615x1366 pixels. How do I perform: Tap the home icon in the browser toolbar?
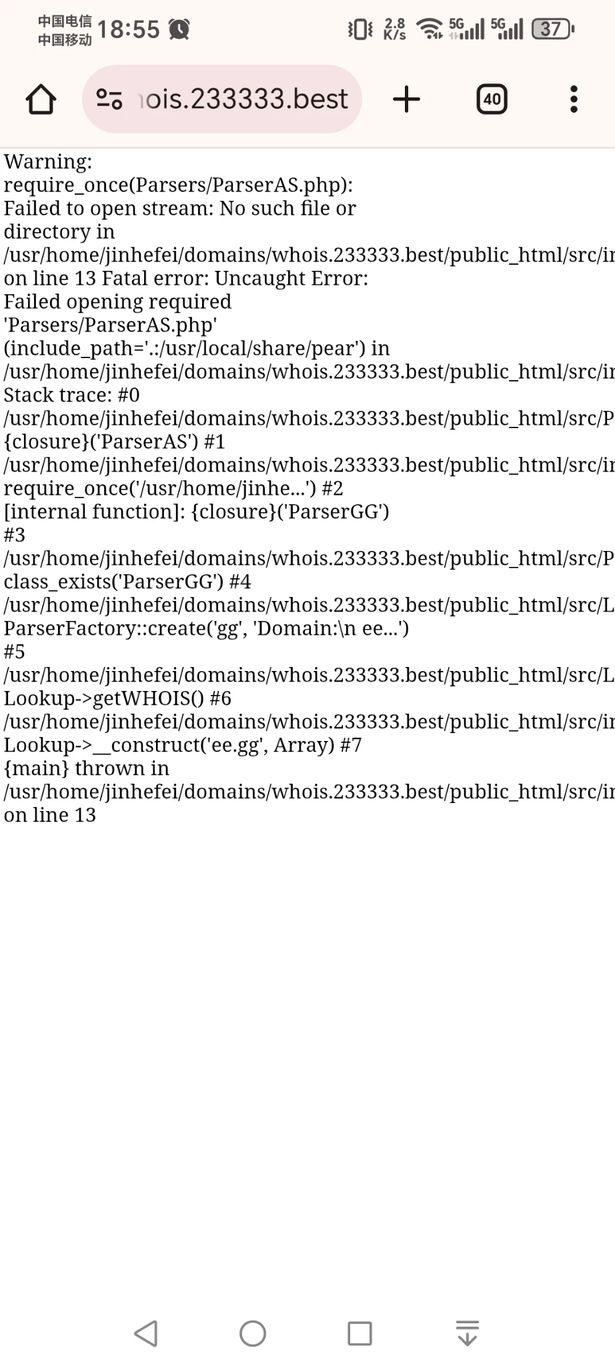(41, 99)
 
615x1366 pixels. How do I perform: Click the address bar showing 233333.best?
(221, 99)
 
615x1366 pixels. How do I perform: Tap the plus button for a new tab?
(406, 99)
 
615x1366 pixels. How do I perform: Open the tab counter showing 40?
(492, 99)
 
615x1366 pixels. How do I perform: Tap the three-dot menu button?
(574, 99)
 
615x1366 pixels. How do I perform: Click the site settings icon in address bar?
(109, 99)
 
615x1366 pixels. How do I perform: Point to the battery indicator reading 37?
(552, 29)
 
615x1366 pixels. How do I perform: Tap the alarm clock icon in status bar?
(179, 29)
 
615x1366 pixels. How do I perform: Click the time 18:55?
(129, 29)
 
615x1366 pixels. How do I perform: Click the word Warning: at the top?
(48, 161)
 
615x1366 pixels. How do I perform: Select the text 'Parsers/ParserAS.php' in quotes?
(111, 325)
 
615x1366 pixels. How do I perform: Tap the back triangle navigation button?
(146, 1333)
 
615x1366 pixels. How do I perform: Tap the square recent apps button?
(360, 1333)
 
